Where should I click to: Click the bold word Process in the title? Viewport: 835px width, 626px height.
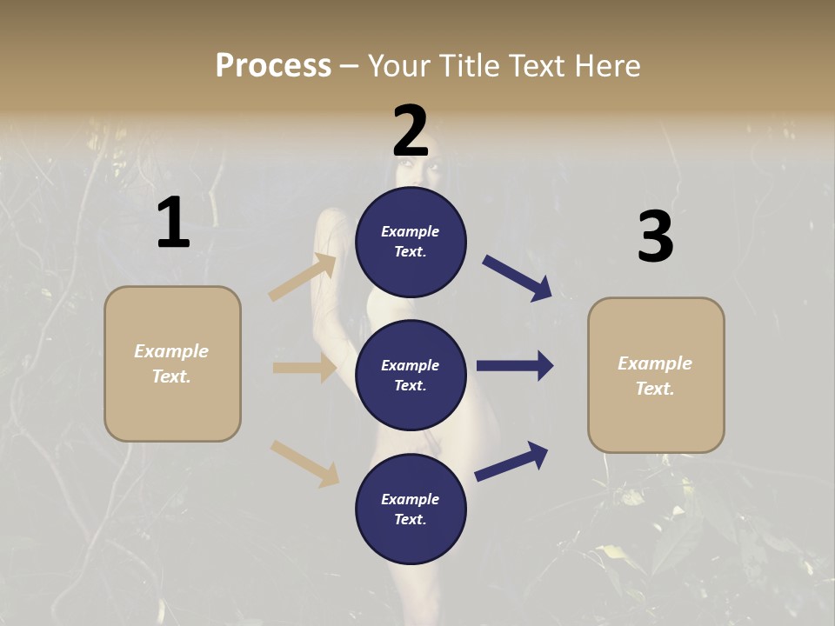coord(273,66)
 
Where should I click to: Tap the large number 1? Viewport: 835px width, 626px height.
coord(173,223)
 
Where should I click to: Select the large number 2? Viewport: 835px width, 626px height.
coord(411,130)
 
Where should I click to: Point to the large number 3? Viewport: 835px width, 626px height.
coord(655,237)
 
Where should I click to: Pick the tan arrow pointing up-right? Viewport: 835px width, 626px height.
coord(303,277)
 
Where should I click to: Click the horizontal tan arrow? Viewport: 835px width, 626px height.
coord(304,368)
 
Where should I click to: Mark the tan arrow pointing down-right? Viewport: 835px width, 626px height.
coord(304,463)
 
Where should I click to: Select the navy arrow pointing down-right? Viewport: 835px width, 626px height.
coord(517,278)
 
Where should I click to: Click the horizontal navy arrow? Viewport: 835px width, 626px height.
coord(515,366)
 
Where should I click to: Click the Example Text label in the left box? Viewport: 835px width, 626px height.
coord(171,363)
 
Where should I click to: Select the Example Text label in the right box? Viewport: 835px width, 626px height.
coord(655,376)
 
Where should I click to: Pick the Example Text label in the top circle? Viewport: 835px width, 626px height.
coord(411,242)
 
